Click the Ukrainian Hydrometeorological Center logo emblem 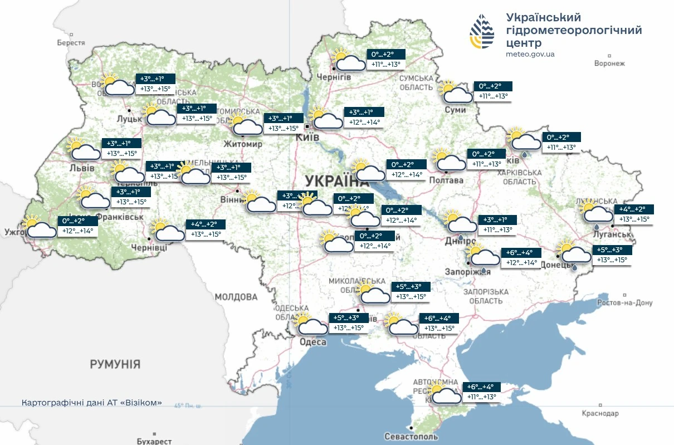click(x=482, y=32)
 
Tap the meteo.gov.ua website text click(x=530, y=54)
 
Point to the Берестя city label click(x=71, y=43)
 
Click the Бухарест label click(x=154, y=441)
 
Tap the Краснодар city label click(x=600, y=414)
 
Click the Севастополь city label click(x=411, y=437)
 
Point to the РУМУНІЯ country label click(x=115, y=364)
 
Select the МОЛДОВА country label click(x=237, y=297)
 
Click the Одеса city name click(x=312, y=342)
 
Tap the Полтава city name click(x=446, y=180)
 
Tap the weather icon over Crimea click(x=444, y=393)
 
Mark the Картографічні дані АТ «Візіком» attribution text click(x=92, y=402)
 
